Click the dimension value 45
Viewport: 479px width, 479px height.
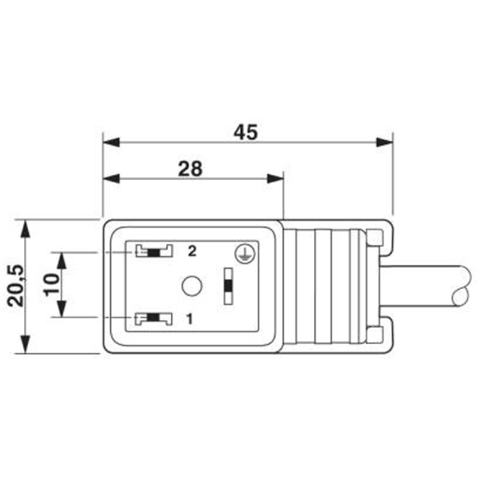pos(245,132)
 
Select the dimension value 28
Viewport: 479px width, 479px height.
pos(190,169)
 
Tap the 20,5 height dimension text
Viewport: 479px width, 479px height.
pos(16,286)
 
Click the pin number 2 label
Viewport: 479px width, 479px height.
pos(192,251)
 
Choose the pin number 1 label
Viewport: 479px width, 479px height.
pos(190,319)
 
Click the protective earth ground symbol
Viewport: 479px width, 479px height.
pos(245,253)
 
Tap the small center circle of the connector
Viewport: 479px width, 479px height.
pos(192,286)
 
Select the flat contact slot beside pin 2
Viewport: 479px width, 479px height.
pos(154,251)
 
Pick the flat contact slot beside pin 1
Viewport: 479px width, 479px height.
pos(154,319)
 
